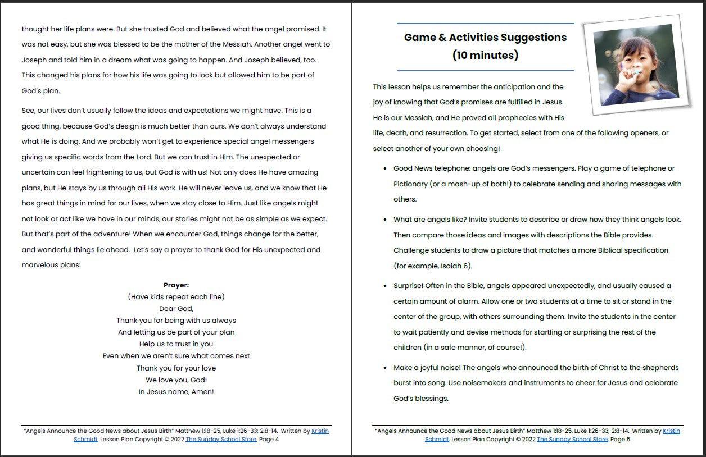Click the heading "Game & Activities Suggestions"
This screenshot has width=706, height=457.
click(x=485, y=38)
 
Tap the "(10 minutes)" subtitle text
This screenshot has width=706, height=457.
click(x=485, y=55)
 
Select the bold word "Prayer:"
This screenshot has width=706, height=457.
click(x=176, y=285)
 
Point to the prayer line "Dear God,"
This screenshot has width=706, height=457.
click(x=176, y=309)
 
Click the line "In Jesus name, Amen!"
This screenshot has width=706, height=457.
click(x=176, y=392)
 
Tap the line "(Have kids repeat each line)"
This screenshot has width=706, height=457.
click(x=176, y=297)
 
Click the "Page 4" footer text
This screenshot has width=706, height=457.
click(x=269, y=439)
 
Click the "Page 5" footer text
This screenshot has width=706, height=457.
click(x=620, y=439)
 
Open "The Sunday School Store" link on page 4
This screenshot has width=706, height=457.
click(x=221, y=439)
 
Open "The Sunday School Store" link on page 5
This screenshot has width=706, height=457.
click(x=572, y=439)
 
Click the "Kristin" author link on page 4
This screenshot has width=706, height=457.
click(x=320, y=431)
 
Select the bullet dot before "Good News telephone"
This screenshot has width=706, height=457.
click(x=384, y=168)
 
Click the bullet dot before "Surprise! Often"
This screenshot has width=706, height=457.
click(x=384, y=286)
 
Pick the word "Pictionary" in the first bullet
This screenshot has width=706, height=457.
click(x=412, y=184)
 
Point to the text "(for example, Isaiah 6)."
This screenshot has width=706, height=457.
click(x=433, y=266)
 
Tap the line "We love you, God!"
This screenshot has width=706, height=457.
click(x=176, y=380)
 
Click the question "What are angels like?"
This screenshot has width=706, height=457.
click(x=430, y=220)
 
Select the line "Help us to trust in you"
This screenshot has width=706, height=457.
click(x=176, y=344)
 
